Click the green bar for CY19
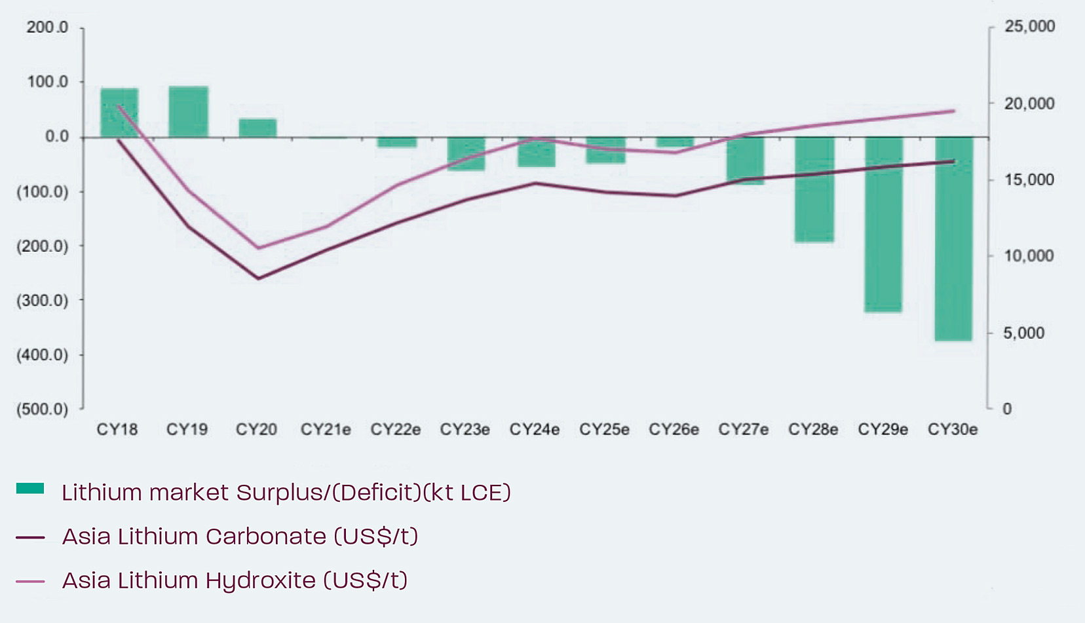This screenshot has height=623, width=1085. [x=188, y=111]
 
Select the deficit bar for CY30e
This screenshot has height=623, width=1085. [x=953, y=239]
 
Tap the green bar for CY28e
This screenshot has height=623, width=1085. [x=814, y=190]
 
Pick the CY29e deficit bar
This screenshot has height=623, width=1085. [x=883, y=225]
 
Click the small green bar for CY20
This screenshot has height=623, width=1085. [x=257, y=128]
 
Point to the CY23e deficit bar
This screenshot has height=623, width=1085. [x=466, y=154]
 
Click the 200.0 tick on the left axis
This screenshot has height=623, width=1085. [x=47, y=28]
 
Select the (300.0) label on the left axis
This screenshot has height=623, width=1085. [x=43, y=301]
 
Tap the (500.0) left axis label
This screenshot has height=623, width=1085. [x=43, y=409]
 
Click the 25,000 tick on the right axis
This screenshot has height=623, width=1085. [x=1029, y=26]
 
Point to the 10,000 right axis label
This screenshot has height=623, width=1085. [x=1029, y=256]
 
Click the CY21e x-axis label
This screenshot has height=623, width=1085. [x=326, y=430]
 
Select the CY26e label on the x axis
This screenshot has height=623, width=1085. [x=674, y=430]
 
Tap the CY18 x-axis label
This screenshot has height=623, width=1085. [x=117, y=430]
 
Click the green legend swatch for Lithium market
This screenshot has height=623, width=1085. [x=30, y=489]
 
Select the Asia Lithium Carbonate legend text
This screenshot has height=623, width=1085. [x=240, y=537]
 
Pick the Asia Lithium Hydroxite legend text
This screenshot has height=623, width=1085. [x=235, y=580]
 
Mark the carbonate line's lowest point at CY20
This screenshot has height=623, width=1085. [x=258, y=278]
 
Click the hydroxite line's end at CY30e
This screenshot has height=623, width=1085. [x=953, y=111]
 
